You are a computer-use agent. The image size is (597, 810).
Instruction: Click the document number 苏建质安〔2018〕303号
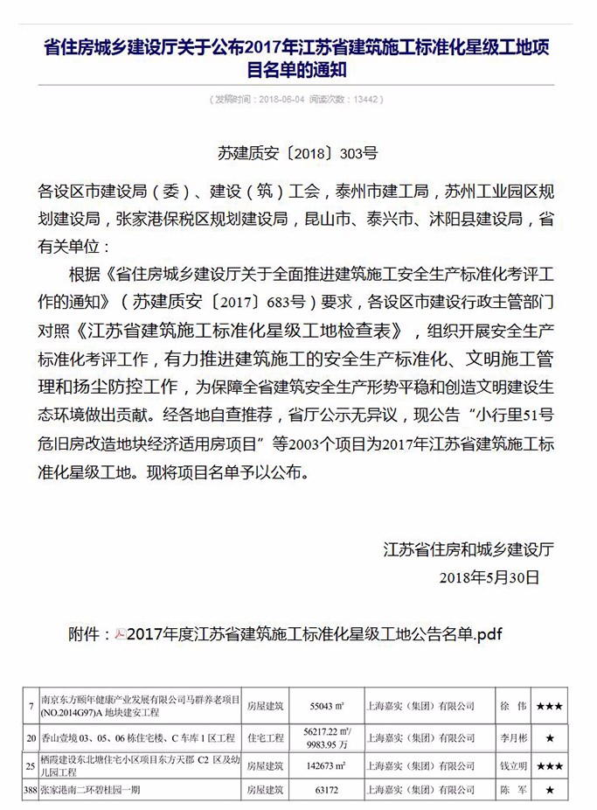(x=297, y=152)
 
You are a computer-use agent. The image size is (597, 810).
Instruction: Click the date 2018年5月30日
(x=490, y=577)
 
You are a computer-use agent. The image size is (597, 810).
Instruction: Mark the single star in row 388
(x=550, y=790)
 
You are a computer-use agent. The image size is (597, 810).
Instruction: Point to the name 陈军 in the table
(x=510, y=790)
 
